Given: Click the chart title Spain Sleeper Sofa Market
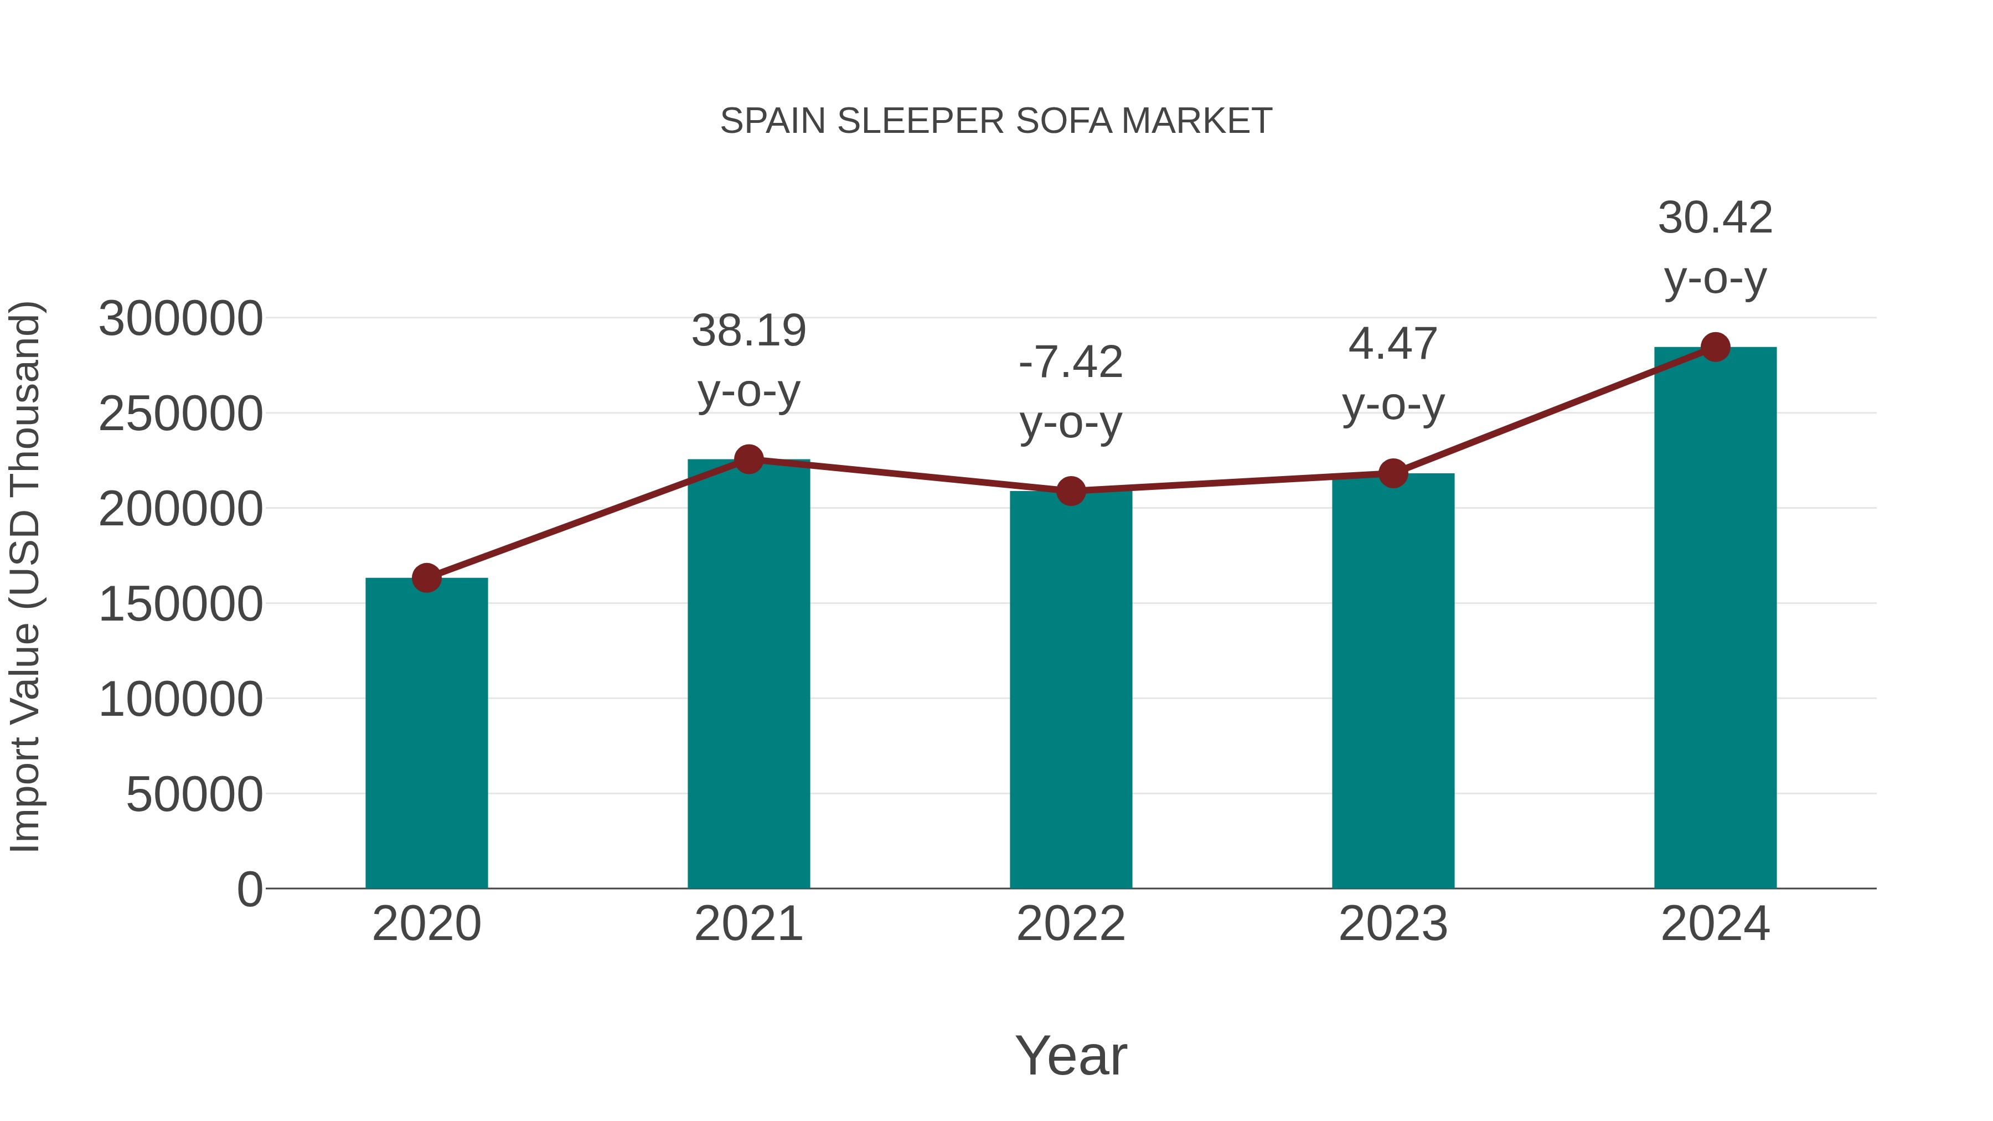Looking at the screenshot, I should point(996,121).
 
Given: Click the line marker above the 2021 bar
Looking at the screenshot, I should point(748,459).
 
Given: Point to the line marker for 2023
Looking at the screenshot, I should point(1393,473).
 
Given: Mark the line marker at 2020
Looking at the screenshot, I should point(426,577).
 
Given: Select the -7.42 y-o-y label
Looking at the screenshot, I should point(1071,392).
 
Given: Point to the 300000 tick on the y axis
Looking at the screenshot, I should point(180,319).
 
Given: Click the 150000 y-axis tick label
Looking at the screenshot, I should point(180,604).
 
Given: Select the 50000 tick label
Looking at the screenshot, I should point(194,794).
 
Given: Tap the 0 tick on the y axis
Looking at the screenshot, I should point(249,890).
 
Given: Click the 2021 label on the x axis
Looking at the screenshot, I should point(748,924).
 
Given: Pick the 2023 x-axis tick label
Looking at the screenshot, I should point(1393,924).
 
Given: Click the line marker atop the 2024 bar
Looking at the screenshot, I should point(1715,347).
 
